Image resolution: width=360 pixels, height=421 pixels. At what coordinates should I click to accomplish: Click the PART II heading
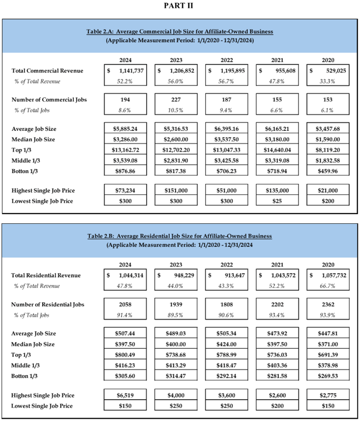click(x=180, y=6)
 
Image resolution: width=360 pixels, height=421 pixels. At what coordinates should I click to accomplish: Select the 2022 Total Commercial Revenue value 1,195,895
click(x=229, y=71)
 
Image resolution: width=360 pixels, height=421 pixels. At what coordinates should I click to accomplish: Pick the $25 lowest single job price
click(x=278, y=200)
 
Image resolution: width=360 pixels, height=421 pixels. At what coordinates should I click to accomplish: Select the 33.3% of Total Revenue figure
click(x=329, y=82)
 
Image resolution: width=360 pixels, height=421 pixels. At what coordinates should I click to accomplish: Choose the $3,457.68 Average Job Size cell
click(x=329, y=129)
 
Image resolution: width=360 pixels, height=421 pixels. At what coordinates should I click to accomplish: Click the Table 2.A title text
click(x=180, y=31)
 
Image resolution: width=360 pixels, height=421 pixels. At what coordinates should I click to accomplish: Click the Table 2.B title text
click(x=180, y=236)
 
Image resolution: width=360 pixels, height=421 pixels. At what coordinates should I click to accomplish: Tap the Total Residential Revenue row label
click(x=46, y=275)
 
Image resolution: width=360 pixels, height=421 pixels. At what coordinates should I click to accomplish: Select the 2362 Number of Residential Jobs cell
click(x=329, y=304)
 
